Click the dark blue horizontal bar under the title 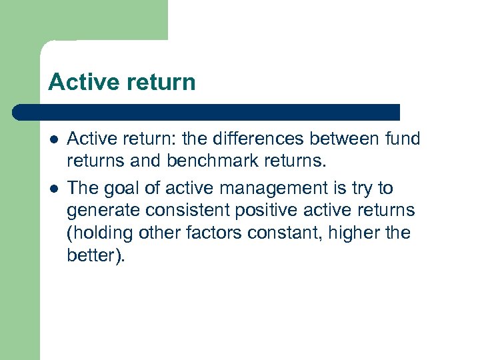tap(207, 111)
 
